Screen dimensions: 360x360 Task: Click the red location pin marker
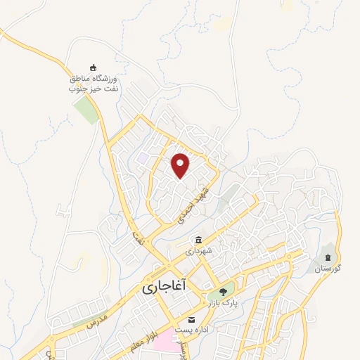pos(181,165)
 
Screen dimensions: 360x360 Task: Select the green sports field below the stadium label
pos(87,110)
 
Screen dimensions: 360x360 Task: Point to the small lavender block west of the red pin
pos(143,158)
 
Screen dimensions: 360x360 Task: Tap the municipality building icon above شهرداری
pos(199,240)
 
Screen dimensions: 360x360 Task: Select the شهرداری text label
pos(199,250)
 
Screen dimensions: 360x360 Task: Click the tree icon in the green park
pos(222,290)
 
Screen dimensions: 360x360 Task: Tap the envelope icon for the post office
pos(191,320)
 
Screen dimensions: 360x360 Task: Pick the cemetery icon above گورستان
pos(328,256)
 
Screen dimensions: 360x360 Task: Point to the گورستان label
pos(328,269)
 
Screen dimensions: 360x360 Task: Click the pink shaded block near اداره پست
pos(166,342)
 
